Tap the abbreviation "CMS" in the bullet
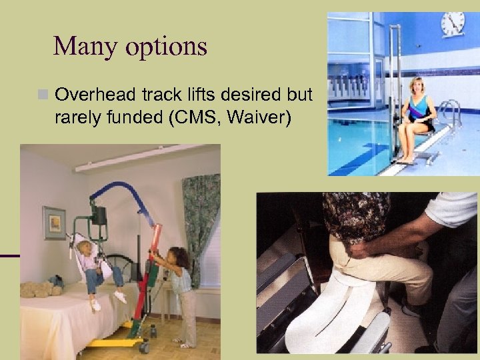click(x=199, y=118)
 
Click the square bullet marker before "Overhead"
click(x=45, y=96)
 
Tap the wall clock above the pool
click(x=453, y=24)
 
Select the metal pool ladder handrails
click(x=451, y=113)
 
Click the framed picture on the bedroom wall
click(x=54, y=222)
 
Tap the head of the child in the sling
click(x=85, y=248)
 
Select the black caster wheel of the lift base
click(x=143, y=346)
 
